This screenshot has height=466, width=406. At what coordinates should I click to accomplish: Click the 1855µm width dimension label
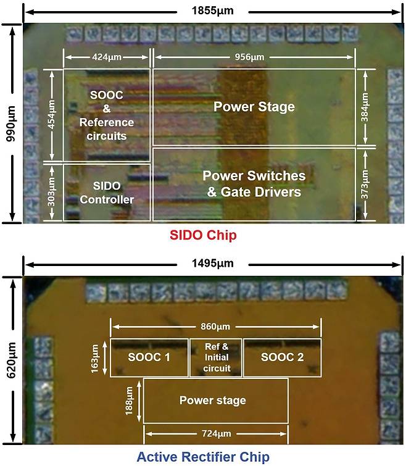[x=213, y=11]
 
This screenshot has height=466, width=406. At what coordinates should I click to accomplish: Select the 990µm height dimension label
[x=12, y=123]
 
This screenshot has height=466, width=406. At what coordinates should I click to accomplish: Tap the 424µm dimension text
[x=107, y=57]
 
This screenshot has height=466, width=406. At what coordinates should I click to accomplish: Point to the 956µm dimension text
[x=249, y=57]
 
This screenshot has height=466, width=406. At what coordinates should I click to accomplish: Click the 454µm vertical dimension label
[x=52, y=115]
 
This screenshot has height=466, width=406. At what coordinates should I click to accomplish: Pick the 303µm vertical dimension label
[x=51, y=192]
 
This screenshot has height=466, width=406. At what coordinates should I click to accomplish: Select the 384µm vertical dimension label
[x=365, y=107]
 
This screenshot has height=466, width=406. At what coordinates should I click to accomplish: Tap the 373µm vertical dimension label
[x=365, y=185]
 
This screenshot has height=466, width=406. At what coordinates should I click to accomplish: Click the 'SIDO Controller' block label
[x=107, y=193]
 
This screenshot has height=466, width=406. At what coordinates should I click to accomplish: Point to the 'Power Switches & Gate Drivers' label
[x=254, y=184]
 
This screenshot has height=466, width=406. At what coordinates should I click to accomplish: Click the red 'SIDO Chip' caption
[x=203, y=235]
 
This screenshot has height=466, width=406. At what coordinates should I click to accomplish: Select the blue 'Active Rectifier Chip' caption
[x=203, y=457]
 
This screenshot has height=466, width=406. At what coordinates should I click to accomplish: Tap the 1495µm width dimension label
[x=213, y=264]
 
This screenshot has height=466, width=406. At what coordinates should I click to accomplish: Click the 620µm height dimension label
[x=12, y=360]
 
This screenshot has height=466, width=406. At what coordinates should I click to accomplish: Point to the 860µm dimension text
[x=215, y=327]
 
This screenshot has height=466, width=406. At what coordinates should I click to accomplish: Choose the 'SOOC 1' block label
[x=149, y=357]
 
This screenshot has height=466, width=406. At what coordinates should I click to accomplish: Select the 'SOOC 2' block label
[x=282, y=357]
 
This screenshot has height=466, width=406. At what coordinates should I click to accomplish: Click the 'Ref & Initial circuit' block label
[x=217, y=357]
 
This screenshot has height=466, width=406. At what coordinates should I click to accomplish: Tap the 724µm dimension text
[x=216, y=434]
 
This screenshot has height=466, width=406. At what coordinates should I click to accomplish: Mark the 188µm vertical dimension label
[x=128, y=401]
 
